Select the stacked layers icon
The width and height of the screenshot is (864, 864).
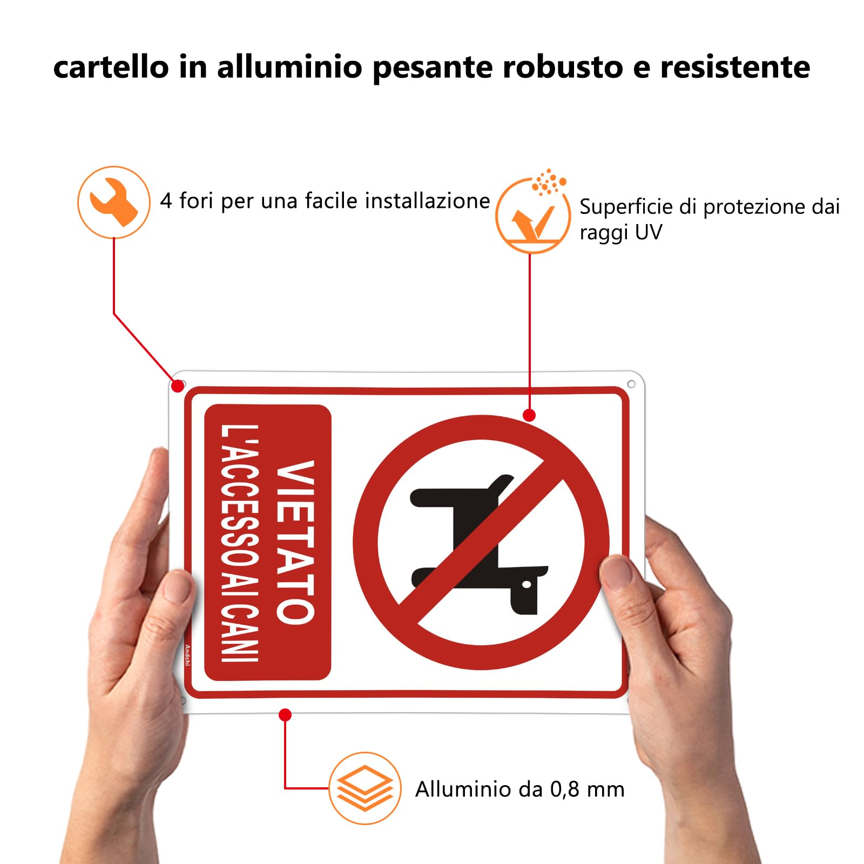pyautogui.click(x=365, y=788)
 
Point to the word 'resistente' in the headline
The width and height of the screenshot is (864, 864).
pyautogui.click(x=735, y=67)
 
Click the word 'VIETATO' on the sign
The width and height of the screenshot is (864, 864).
pyautogui.click(x=295, y=542)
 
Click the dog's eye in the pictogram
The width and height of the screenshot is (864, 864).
pyautogui.click(x=526, y=584)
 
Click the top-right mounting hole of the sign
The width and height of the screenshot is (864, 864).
pyautogui.click(x=631, y=384)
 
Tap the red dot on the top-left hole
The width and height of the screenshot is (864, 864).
pyautogui.click(x=177, y=386)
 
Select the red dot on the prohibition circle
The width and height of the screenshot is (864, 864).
pyautogui.click(x=529, y=415)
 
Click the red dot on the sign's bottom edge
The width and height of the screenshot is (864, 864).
pyautogui.click(x=285, y=715)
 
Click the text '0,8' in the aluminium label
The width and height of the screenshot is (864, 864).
pyautogui.click(x=564, y=789)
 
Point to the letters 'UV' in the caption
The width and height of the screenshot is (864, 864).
pyautogui.click(x=648, y=233)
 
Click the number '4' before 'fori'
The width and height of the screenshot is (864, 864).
pyautogui.click(x=166, y=201)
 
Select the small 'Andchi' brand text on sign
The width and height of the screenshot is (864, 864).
pyautogui.click(x=187, y=655)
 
